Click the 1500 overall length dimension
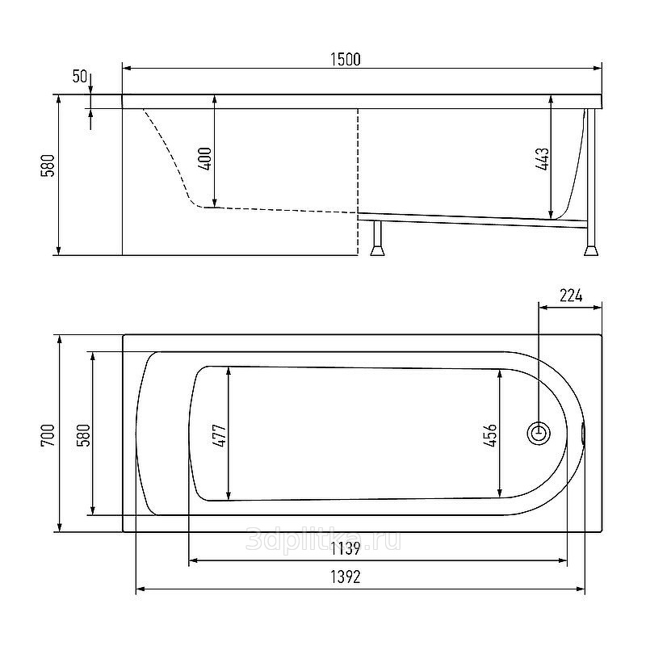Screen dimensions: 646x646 click(346, 59)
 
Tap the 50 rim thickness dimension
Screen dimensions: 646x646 click(79, 76)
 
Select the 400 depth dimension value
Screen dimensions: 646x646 click(205, 158)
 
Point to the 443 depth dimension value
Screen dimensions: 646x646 click(542, 159)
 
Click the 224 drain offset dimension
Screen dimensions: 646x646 click(571, 296)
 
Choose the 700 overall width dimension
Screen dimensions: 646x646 click(48, 435)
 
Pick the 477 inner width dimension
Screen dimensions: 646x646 click(220, 435)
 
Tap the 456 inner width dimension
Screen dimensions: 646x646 click(490, 435)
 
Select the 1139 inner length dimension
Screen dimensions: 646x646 click(346, 548)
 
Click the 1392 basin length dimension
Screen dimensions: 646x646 click(346, 577)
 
